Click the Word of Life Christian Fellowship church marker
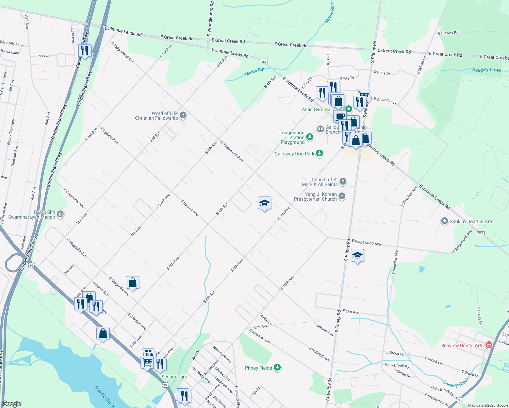[x=183, y=115]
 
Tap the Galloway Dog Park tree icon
[x=319, y=153]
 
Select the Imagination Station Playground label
[x=292, y=137]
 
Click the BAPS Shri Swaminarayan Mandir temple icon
[x=60, y=214]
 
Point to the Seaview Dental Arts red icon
[x=489, y=345]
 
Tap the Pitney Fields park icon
[x=277, y=368]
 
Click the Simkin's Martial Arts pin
[x=444, y=221]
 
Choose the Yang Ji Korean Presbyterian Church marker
[x=342, y=196]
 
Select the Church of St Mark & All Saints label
[x=320, y=182]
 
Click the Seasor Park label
[x=174, y=377]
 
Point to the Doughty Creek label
[x=487, y=70]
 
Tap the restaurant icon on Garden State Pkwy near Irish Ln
[x=85, y=50]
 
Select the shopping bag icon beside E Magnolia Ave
[x=132, y=282]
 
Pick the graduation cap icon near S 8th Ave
[x=264, y=203]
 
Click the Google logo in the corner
[x=12, y=404]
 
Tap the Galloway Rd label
[x=448, y=33]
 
